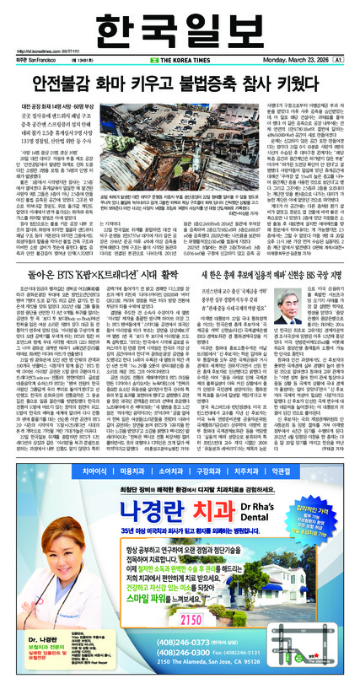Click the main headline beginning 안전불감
coord(179,89)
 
